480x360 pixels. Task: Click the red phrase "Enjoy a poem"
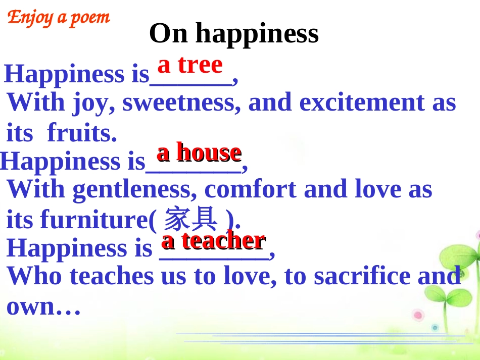pos(59,18)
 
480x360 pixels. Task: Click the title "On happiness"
pos(234,33)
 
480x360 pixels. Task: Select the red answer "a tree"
pos(190,65)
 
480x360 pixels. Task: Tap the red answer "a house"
pos(199,152)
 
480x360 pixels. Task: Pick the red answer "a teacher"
pos(213,240)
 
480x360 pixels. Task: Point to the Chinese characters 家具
pos(191,220)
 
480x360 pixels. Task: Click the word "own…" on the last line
pos(43,306)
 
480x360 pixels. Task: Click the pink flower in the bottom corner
pos(418,316)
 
